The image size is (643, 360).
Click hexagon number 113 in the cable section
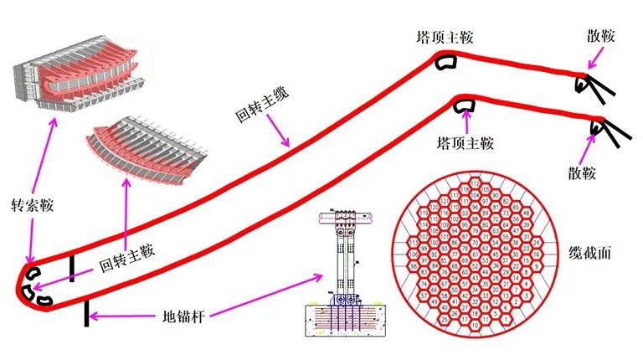(414, 242)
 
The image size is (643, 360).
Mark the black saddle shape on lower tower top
(465, 105)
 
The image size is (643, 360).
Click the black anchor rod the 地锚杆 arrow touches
(86, 313)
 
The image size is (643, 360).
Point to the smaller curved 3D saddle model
(147, 147)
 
